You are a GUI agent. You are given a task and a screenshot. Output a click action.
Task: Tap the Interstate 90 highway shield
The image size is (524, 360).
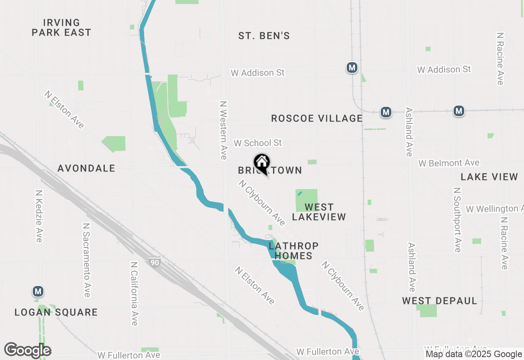tap(154, 263)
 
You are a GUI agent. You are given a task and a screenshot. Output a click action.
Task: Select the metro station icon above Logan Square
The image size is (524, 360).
tap(38, 292)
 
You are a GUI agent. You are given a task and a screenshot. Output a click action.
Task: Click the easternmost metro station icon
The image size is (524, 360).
tap(459, 111)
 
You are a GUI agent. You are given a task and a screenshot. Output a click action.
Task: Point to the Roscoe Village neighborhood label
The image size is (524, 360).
tap(317, 119)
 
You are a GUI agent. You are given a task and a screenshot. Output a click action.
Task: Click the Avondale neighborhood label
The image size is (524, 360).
tap(86, 169)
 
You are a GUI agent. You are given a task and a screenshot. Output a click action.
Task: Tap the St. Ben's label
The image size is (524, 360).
tap(264, 36)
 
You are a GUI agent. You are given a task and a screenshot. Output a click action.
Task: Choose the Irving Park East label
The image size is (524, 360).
tap(61, 27)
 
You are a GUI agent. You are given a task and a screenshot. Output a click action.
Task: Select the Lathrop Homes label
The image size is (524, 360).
tap(294, 251)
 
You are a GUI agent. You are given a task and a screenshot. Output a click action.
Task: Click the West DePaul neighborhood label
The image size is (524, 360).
tap(440, 301)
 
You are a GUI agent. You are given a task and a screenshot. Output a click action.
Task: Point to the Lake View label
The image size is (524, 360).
tap(489, 177)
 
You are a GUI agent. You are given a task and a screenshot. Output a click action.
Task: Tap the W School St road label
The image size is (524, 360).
tap(258, 143)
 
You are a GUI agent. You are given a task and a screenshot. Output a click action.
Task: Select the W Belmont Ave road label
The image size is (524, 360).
tap(449, 163)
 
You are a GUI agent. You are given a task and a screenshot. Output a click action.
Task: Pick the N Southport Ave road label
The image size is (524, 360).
tap(457, 220)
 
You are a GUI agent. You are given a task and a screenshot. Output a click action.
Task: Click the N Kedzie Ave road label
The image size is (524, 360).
tap(39, 216)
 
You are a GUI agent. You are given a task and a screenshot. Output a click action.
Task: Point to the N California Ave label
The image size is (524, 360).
tap(134, 294)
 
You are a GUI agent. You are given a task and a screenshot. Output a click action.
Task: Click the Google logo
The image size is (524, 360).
tap(27, 350)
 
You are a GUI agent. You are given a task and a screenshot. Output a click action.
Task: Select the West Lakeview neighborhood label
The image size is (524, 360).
tap(319, 212)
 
